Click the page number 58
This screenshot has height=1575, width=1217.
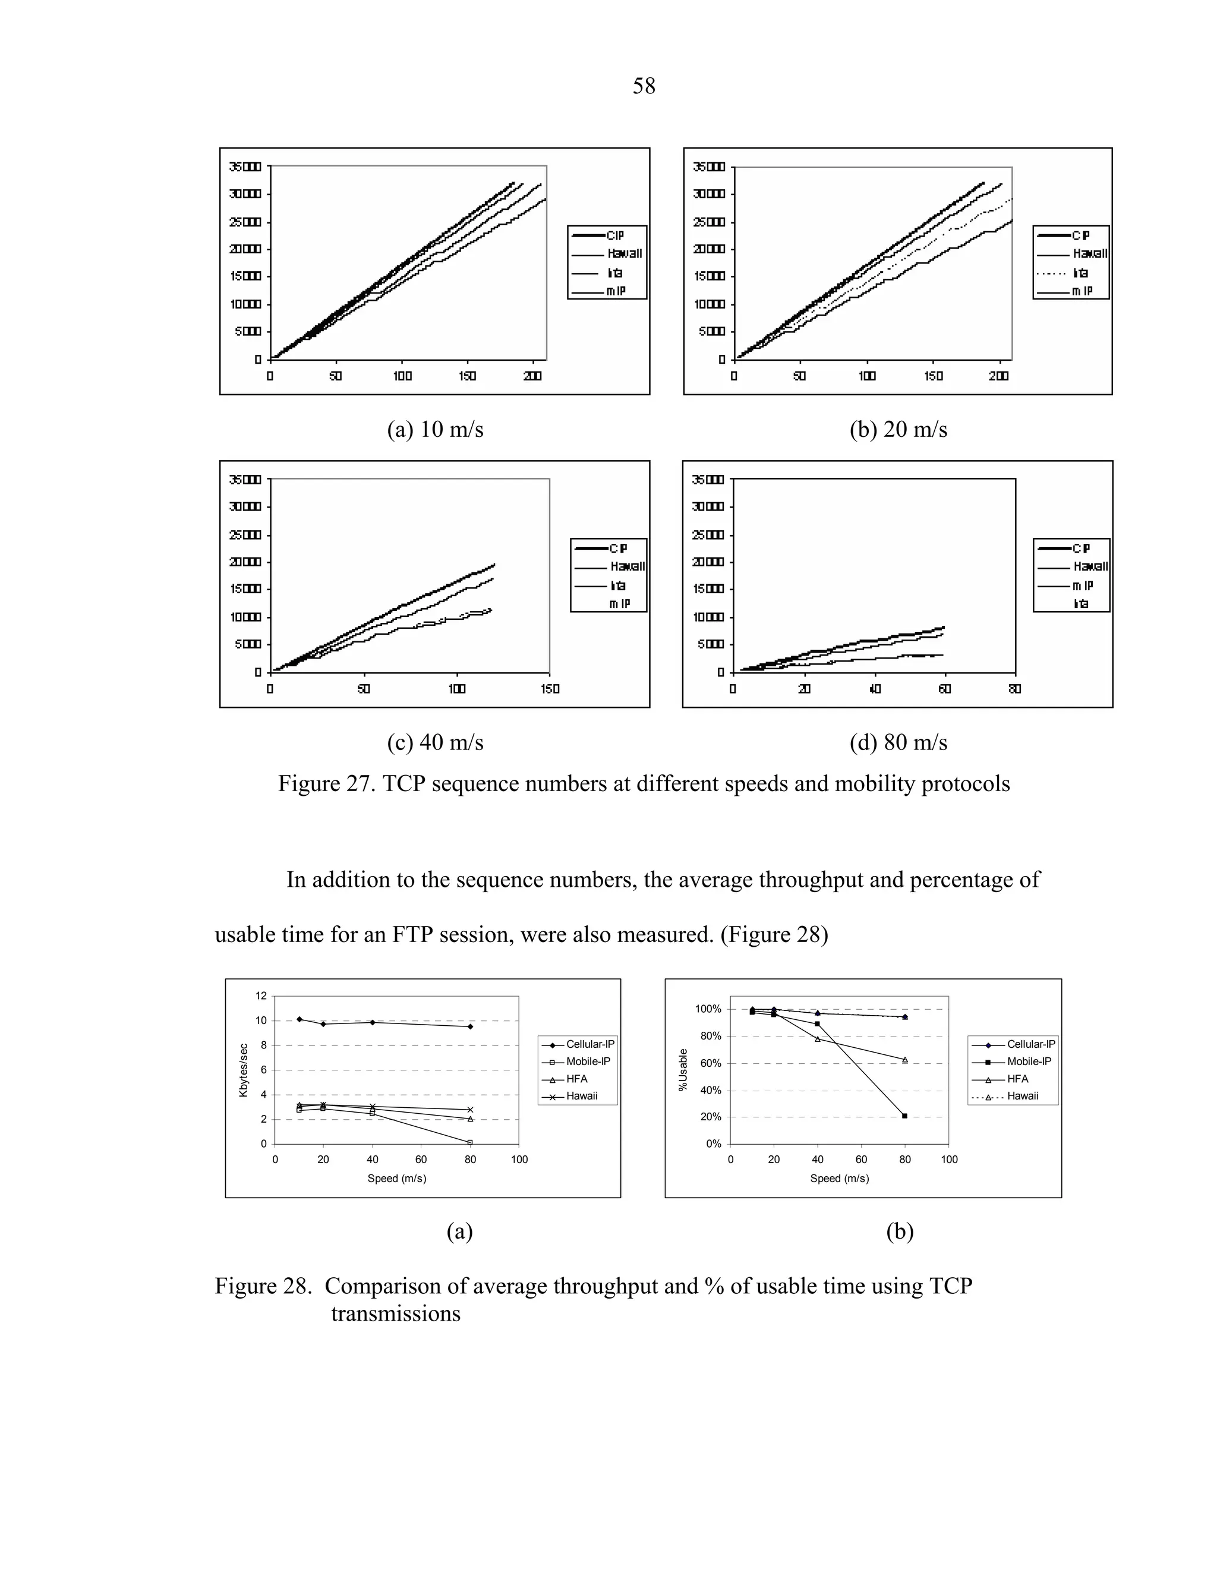(643, 87)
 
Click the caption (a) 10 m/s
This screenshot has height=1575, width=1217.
(435, 430)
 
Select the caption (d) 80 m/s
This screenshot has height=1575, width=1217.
(898, 742)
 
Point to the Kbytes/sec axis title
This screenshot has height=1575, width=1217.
(243, 1070)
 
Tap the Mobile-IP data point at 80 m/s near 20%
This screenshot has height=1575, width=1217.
(905, 1116)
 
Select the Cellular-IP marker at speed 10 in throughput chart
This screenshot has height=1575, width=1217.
(299, 1019)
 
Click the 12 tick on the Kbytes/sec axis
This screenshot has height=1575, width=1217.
(261, 996)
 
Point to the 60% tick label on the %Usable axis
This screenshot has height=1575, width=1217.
(711, 1064)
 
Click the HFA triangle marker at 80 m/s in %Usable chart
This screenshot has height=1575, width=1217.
(905, 1059)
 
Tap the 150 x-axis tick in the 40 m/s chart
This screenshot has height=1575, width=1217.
(550, 689)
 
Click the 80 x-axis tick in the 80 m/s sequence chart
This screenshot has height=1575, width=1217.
(1014, 689)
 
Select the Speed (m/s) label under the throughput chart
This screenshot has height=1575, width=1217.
(396, 1179)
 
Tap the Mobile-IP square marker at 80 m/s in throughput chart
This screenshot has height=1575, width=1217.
(470, 1142)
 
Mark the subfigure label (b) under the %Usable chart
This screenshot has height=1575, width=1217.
(899, 1231)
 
